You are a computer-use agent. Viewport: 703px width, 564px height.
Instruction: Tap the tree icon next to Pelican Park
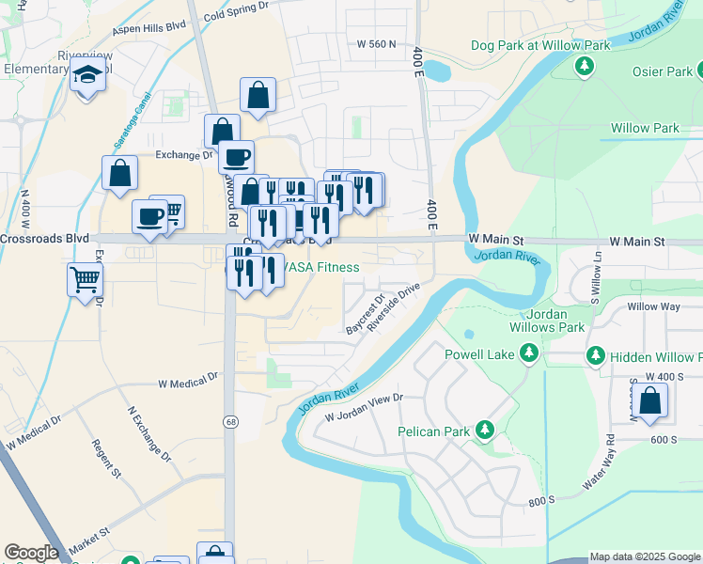pos(485,431)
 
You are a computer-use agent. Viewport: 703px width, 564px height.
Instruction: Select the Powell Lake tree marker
pos(529,352)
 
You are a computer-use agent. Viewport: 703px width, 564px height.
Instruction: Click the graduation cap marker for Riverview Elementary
pos(88,76)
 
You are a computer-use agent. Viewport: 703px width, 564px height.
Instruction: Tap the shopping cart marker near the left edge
pos(85,278)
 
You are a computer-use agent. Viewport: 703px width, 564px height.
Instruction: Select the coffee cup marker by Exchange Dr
pos(237,156)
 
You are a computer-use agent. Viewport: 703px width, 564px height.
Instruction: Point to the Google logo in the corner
pos(31,553)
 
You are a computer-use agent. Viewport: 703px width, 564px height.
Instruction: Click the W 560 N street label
pos(377,43)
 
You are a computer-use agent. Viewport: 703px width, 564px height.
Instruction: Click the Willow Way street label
pos(654,306)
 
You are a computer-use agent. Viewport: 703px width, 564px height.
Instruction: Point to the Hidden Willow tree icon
pos(595,356)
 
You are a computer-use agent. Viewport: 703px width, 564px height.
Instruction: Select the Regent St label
pos(106,458)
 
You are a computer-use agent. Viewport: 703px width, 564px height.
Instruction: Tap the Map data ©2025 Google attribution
pos(645,556)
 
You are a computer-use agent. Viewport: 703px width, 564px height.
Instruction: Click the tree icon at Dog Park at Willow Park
pos(585,66)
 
